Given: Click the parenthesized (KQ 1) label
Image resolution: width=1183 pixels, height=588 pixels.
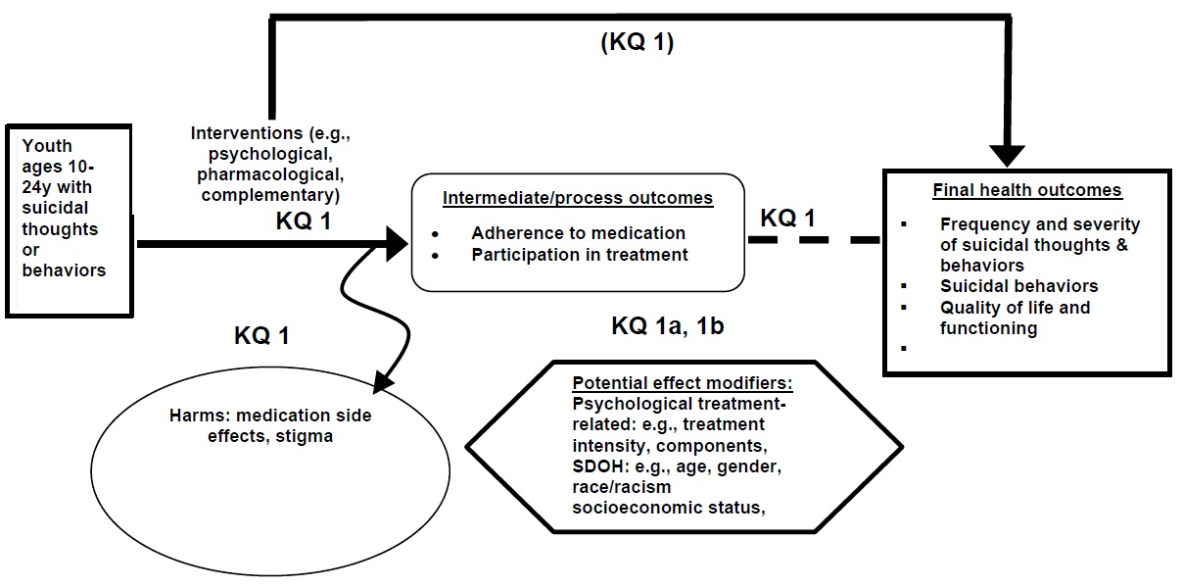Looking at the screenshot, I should pos(637,45).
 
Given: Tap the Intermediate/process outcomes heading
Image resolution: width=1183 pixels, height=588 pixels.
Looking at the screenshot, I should pos(577,198).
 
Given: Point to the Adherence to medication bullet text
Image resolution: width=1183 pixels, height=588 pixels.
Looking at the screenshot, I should pos(578,234).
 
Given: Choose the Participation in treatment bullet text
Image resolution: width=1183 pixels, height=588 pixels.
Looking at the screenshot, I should pos(579,255).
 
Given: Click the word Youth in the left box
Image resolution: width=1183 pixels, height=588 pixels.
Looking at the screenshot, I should pos(47,146).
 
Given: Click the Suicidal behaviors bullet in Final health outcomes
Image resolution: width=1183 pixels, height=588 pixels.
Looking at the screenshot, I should pos(1018,286).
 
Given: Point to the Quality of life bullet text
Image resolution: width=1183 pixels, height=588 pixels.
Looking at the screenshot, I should pos(1015,308).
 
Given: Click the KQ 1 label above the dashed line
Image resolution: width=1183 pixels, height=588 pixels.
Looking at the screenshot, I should pos(788,218).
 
